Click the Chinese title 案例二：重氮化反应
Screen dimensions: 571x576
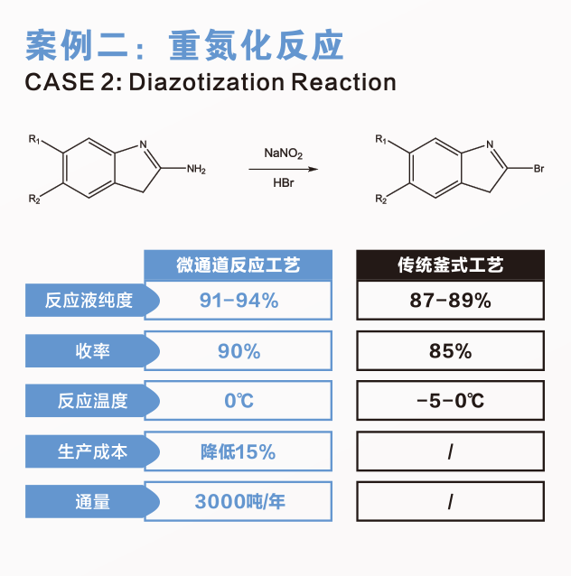pyautogui.click(x=184, y=45)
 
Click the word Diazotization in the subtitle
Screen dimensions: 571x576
pyautogui.click(x=207, y=82)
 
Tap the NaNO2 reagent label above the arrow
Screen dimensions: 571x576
pyautogui.click(x=283, y=153)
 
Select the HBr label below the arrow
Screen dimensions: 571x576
pyautogui.click(x=284, y=182)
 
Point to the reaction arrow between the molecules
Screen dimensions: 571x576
pyautogui.click(x=283, y=169)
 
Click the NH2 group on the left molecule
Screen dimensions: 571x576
pyautogui.click(x=196, y=169)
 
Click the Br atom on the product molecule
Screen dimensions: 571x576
pyautogui.click(x=538, y=169)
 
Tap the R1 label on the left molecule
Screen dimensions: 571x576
pyautogui.click(x=34, y=139)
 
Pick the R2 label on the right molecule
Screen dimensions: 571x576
pyautogui.click(x=381, y=200)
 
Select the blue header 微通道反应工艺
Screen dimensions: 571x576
pyautogui.click(x=239, y=265)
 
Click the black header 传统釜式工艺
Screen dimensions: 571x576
pyautogui.click(x=451, y=265)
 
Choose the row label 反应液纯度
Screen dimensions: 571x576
pyautogui.click(x=89, y=300)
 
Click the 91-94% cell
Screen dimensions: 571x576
pyautogui.click(x=239, y=300)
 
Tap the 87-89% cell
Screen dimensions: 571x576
pyautogui.click(x=451, y=300)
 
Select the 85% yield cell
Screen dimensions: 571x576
pyautogui.click(x=451, y=351)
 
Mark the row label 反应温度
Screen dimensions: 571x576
pyautogui.click(x=92, y=401)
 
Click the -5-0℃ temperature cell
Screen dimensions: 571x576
pyautogui.click(x=451, y=401)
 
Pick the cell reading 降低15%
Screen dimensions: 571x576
pyautogui.click(x=239, y=451)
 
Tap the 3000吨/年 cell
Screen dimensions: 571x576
pyautogui.click(x=239, y=501)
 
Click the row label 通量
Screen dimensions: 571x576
pyautogui.click(x=93, y=502)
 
